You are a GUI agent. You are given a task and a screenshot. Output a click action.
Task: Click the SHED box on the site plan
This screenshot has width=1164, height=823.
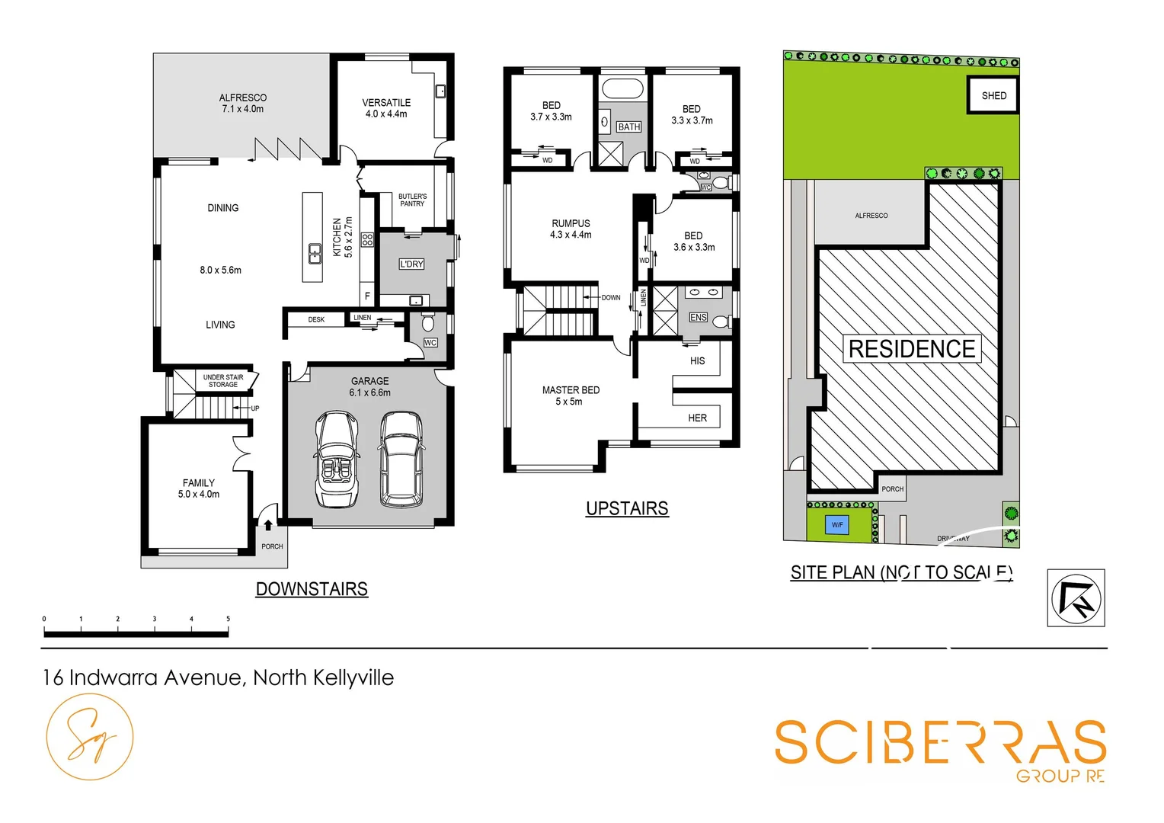click(993, 95)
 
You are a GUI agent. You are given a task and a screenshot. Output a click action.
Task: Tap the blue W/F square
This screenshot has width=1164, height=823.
click(837, 525)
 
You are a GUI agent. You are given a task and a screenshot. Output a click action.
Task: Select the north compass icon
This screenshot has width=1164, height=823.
click(1076, 597)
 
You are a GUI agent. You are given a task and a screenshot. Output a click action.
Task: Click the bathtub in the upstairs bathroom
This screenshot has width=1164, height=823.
click(622, 88)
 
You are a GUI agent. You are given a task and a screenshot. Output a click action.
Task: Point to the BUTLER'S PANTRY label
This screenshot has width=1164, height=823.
click(412, 200)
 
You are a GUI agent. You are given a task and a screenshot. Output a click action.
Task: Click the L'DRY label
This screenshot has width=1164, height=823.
click(411, 264)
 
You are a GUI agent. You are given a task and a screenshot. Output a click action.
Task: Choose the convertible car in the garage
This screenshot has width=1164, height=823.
click(337, 460)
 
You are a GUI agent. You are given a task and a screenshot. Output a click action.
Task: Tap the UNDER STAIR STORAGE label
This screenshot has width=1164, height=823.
click(223, 381)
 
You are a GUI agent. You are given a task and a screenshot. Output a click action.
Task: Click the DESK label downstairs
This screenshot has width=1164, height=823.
click(316, 320)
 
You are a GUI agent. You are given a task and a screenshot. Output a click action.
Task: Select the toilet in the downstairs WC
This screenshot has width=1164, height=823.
click(428, 322)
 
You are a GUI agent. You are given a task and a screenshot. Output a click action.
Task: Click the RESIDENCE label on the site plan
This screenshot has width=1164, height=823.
click(912, 349)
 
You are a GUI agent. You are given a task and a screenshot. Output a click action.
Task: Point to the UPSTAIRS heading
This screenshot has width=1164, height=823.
click(627, 508)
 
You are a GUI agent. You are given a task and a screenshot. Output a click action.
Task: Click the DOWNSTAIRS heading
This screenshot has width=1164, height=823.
click(312, 589)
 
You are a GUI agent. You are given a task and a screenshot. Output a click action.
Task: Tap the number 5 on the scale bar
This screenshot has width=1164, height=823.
click(228, 619)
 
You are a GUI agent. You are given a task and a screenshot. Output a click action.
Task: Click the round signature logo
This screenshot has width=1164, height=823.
click(90, 737)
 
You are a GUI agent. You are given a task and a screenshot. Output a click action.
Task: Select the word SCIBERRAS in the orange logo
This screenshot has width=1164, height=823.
click(940, 743)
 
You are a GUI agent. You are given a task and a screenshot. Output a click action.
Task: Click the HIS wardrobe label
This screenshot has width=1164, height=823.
click(697, 361)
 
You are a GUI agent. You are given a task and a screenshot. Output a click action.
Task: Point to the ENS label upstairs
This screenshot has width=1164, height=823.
click(698, 318)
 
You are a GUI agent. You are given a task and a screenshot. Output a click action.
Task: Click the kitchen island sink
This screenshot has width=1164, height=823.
click(315, 253)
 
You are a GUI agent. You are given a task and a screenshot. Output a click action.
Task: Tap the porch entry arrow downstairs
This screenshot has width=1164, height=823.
click(268, 524)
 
